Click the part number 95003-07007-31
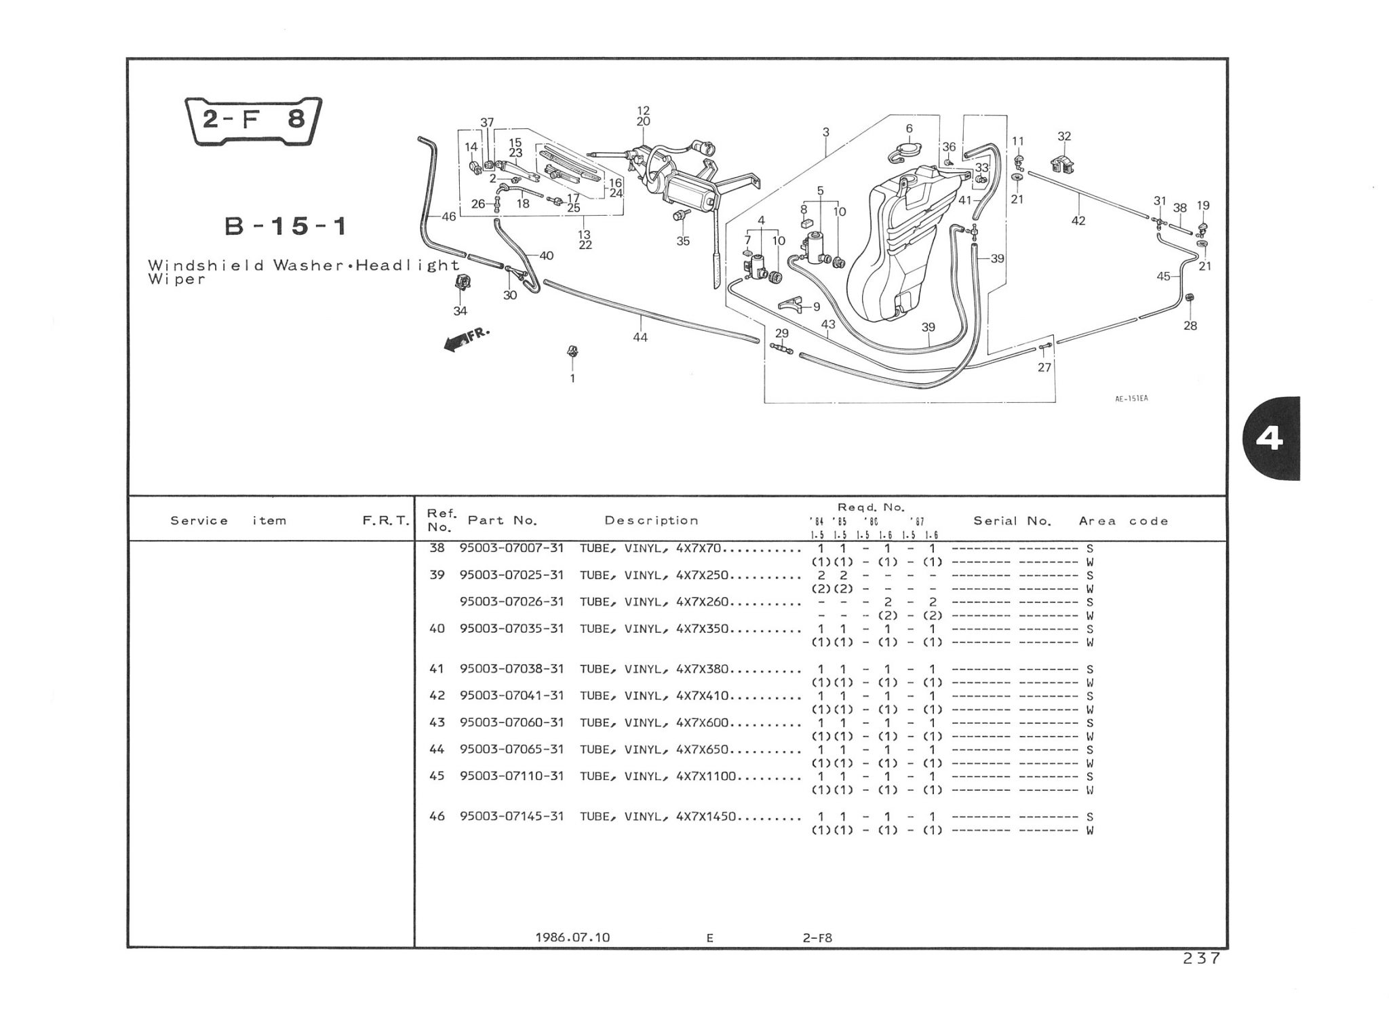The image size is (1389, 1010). [x=511, y=548]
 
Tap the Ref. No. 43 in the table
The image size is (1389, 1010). [x=437, y=723]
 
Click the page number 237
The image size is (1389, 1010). [x=1201, y=958]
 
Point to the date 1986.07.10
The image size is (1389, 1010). [x=572, y=937]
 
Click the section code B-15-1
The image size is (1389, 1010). [x=286, y=226]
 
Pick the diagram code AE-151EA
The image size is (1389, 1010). [x=1131, y=399]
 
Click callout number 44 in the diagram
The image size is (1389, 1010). [x=640, y=337]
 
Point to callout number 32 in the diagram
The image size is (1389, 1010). [x=1064, y=136]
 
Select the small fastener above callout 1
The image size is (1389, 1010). [x=572, y=351]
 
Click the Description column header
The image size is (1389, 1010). [x=651, y=520]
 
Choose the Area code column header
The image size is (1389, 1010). [x=1124, y=521]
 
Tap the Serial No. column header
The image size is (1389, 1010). [x=1012, y=521]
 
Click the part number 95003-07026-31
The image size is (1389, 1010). [x=511, y=602]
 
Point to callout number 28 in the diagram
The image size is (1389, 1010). [x=1190, y=326]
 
